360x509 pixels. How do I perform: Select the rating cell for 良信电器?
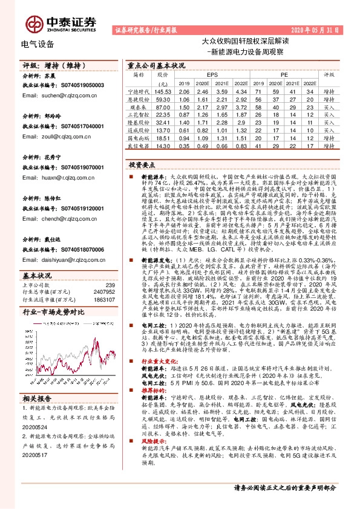(x=329, y=146)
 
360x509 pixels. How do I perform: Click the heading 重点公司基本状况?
(x=155, y=65)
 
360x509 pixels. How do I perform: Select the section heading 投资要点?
(x=142, y=164)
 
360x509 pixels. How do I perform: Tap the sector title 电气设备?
(x=38, y=44)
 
